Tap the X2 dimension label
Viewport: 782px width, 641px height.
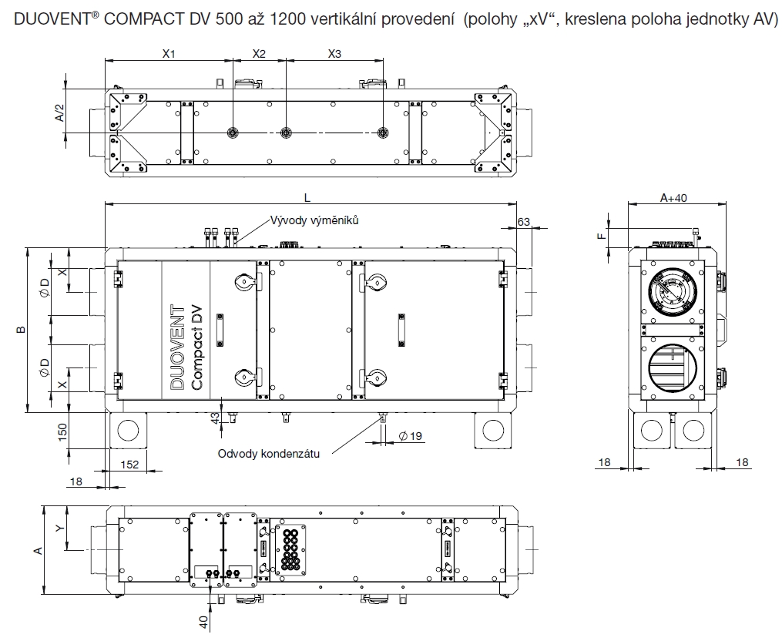click(x=259, y=55)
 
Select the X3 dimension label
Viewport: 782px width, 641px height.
click(x=334, y=55)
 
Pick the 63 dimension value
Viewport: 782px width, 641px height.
click(x=524, y=222)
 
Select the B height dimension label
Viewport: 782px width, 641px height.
click(x=22, y=330)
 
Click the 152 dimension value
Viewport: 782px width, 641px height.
click(x=131, y=464)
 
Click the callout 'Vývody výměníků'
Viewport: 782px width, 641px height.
click(x=315, y=220)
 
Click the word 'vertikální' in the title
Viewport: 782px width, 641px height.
click(x=339, y=20)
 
